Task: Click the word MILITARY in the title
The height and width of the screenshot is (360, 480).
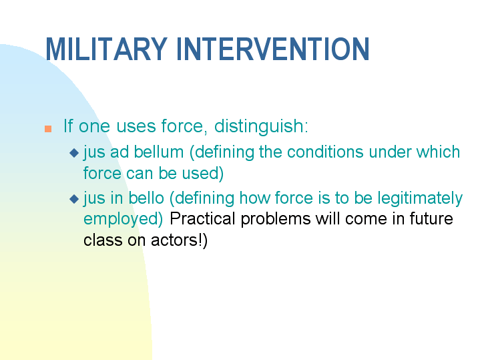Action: coord(106,49)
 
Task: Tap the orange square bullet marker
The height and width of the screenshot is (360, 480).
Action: coord(47,128)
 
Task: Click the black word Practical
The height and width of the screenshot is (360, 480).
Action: coord(203,219)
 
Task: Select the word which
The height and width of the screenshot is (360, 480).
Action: coord(438,152)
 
